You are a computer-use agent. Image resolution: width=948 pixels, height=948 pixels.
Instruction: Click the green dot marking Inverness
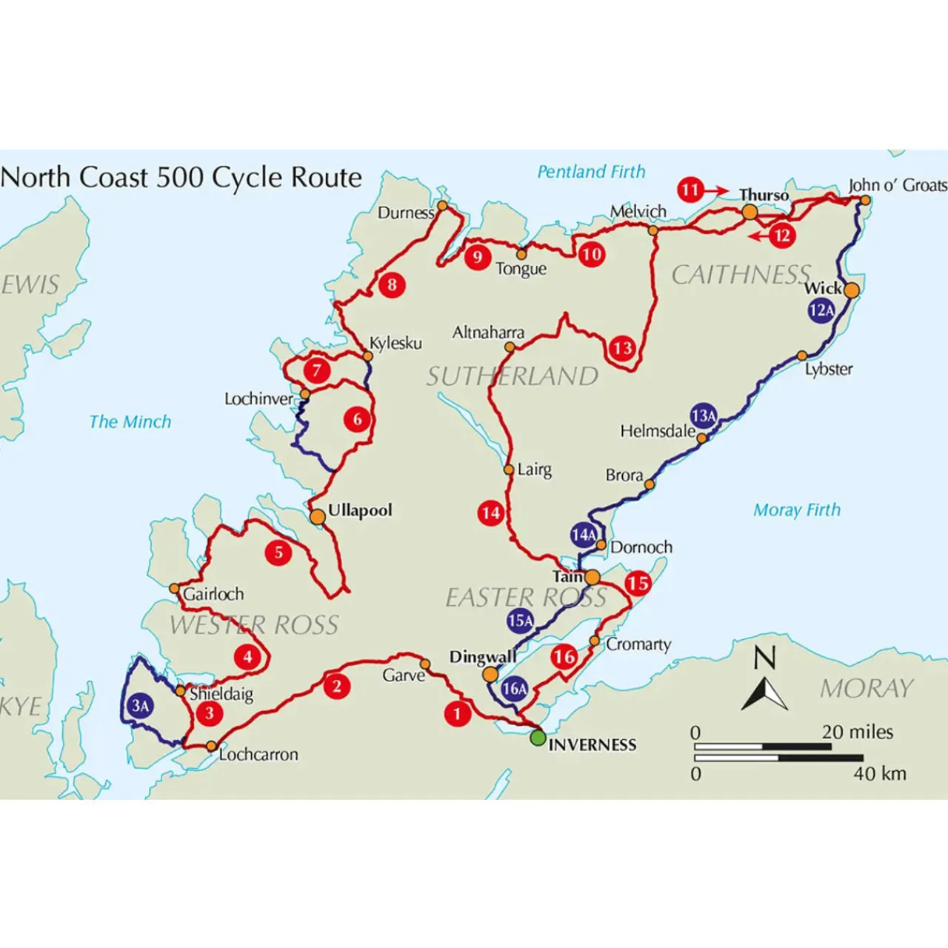pyautogui.click(x=538, y=738)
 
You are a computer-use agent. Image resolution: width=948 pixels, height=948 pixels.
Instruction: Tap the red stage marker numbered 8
pyautogui.click(x=392, y=284)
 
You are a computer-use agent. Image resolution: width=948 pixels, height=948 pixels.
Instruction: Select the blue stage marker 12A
pyautogui.click(x=821, y=310)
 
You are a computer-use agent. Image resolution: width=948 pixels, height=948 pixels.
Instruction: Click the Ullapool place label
pyautogui.click(x=360, y=510)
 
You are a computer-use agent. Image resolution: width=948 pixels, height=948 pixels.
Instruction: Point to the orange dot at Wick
pyautogui.click(x=852, y=290)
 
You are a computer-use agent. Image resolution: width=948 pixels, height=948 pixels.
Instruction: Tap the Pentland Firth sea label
pyautogui.click(x=591, y=172)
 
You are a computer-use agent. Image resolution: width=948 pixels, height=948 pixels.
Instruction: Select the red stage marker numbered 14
pyautogui.click(x=490, y=513)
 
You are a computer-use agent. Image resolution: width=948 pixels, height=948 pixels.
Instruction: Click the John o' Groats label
pyautogui.click(x=898, y=185)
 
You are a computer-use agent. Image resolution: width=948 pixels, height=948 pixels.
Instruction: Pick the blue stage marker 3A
pyautogui.click(x=141, y=706)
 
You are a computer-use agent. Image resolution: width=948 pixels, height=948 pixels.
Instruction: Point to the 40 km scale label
pyautogui.click(x=880, y=774)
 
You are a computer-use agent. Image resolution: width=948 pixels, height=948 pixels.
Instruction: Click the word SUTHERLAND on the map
pyautogui.click(x=512, y=376)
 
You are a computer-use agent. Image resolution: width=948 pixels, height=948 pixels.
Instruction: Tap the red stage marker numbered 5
pyautogui.click(x=279, y=553)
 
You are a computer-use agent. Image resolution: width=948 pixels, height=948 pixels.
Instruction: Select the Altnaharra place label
pyautogui.click(x=488, y=333)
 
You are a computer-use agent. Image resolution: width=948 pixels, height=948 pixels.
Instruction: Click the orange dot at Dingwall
pyautogui.click(x=490, y=674)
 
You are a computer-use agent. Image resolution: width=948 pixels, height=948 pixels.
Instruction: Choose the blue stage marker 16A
pyautogui.click(x=514, y=689)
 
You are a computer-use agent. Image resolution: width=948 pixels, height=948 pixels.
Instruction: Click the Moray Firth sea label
pyautogui.click(x=797, y=510)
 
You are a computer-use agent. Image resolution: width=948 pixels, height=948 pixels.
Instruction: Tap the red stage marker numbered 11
pyautogui.click(x=690, y=190)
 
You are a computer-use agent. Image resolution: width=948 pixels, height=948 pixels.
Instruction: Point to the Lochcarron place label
pyautogui.click(x=258, y=755)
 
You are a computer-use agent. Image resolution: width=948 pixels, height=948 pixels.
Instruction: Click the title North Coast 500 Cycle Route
pyautogui.click(x=181, y=178)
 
